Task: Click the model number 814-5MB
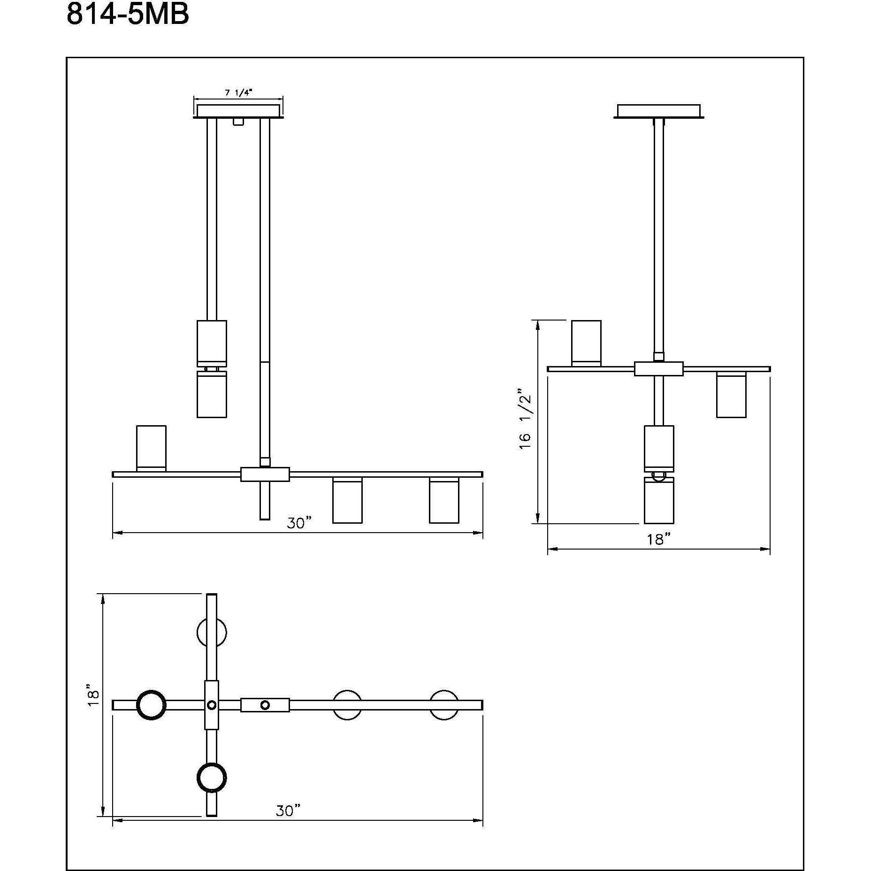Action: click(x=128, y=14)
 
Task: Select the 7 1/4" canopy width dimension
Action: click(x=238, y=92)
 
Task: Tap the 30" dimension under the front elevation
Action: click(x=299, y=523)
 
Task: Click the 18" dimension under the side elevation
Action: click(x=658, y=539)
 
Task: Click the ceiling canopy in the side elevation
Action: click(x=658, y=111)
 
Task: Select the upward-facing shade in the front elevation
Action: click(x=151, y=448)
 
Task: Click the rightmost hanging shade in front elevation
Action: click(x=444, y=501)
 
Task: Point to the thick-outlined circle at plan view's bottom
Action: click(x=212, y=778)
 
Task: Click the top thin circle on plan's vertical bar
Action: click(x=212, y=633)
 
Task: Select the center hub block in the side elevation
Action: click(x=658, y=368)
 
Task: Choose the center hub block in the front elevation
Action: click(x=265, y=474)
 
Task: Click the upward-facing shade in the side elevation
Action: click(x=586, y=343)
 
